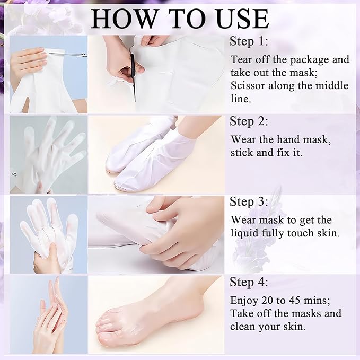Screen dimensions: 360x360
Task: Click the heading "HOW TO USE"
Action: point(180,18)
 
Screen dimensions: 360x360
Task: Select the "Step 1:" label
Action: point(249,42)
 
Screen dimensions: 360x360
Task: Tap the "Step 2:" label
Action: point(249,121)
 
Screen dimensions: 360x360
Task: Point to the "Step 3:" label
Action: point(249,201)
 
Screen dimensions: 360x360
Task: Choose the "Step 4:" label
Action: point(249,282)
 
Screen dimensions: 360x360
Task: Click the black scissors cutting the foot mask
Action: point(133,74)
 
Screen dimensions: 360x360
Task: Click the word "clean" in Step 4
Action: point(244,326)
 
